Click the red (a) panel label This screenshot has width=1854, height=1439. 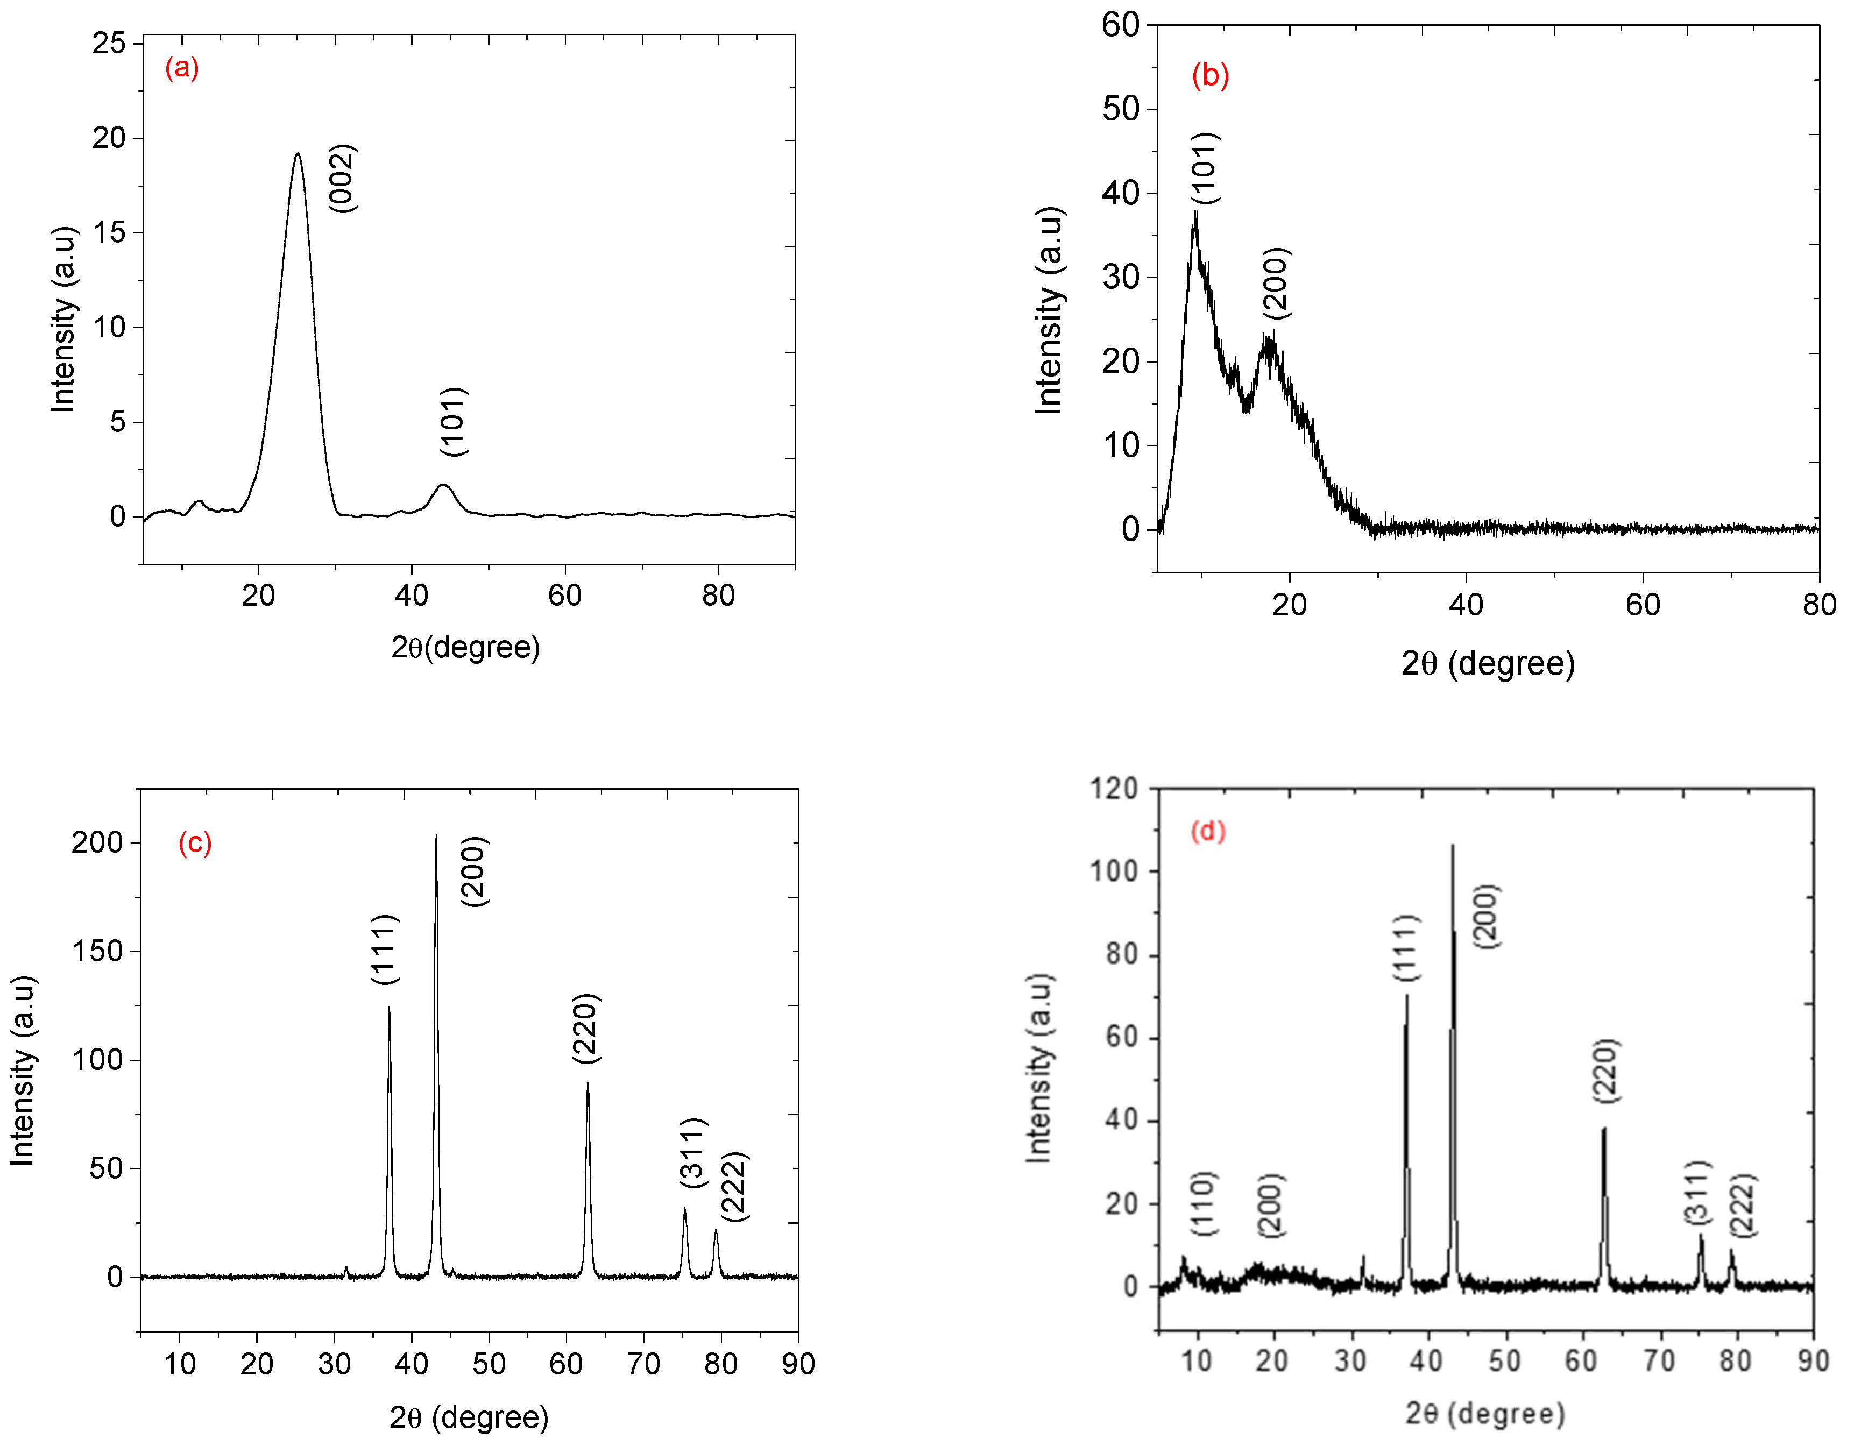tap(182, 67)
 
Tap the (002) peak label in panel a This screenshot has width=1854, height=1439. tap(342, 178)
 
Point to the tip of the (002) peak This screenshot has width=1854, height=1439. tap(297, 154)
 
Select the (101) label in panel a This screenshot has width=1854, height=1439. tap(454, 421)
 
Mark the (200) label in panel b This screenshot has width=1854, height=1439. tap(1276, 283)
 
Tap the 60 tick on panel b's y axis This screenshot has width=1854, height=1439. tap(1121, 25)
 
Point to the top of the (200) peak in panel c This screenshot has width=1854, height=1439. tap(436, 836)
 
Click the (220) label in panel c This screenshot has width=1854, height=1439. tap(586, 1028)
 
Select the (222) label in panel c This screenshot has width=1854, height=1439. tap(733, 1186)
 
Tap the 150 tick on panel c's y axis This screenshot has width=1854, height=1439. tap(97, 951)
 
